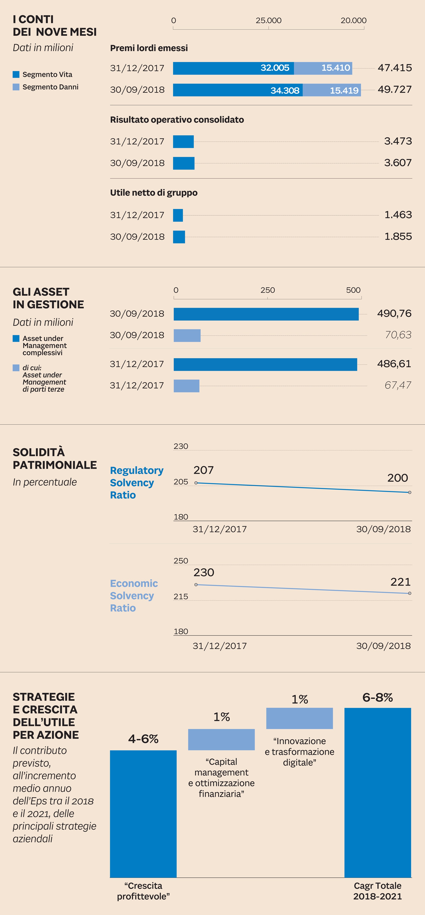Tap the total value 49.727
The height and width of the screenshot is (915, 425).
394,90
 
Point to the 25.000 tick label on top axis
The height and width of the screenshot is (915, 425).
269,21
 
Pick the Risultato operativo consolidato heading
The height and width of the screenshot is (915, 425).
177,120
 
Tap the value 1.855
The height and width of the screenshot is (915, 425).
398,236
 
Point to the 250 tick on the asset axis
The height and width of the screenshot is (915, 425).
267,290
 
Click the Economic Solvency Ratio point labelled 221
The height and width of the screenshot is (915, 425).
410,593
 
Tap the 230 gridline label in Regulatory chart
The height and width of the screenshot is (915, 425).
181,446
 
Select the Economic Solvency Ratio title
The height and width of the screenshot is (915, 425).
134,596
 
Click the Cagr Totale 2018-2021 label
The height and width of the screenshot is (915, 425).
377,891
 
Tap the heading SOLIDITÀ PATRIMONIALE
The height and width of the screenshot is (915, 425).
55,459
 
